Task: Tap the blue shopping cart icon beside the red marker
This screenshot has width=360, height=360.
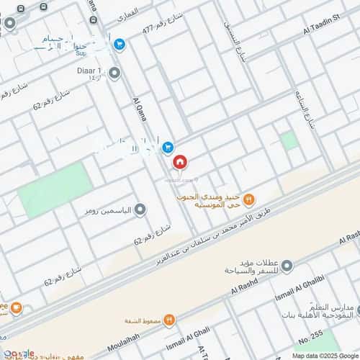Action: [167, 147]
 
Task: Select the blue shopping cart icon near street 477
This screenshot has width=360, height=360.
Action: [120, 45]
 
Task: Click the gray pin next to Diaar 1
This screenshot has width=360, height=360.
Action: [112, 71]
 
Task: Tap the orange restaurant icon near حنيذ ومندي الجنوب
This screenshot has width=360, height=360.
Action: [248, 199]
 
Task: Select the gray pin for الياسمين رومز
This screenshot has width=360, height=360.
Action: [140, 210]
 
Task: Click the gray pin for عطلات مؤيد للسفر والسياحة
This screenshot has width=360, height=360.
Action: [287, 266]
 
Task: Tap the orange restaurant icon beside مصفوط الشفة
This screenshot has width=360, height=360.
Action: [168, 319]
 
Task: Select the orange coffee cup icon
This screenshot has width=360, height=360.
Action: [16, 308]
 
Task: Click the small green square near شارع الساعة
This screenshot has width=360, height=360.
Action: [289, 140]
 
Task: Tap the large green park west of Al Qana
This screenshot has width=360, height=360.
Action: [55, 189]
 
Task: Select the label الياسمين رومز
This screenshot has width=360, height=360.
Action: [107, 210]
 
